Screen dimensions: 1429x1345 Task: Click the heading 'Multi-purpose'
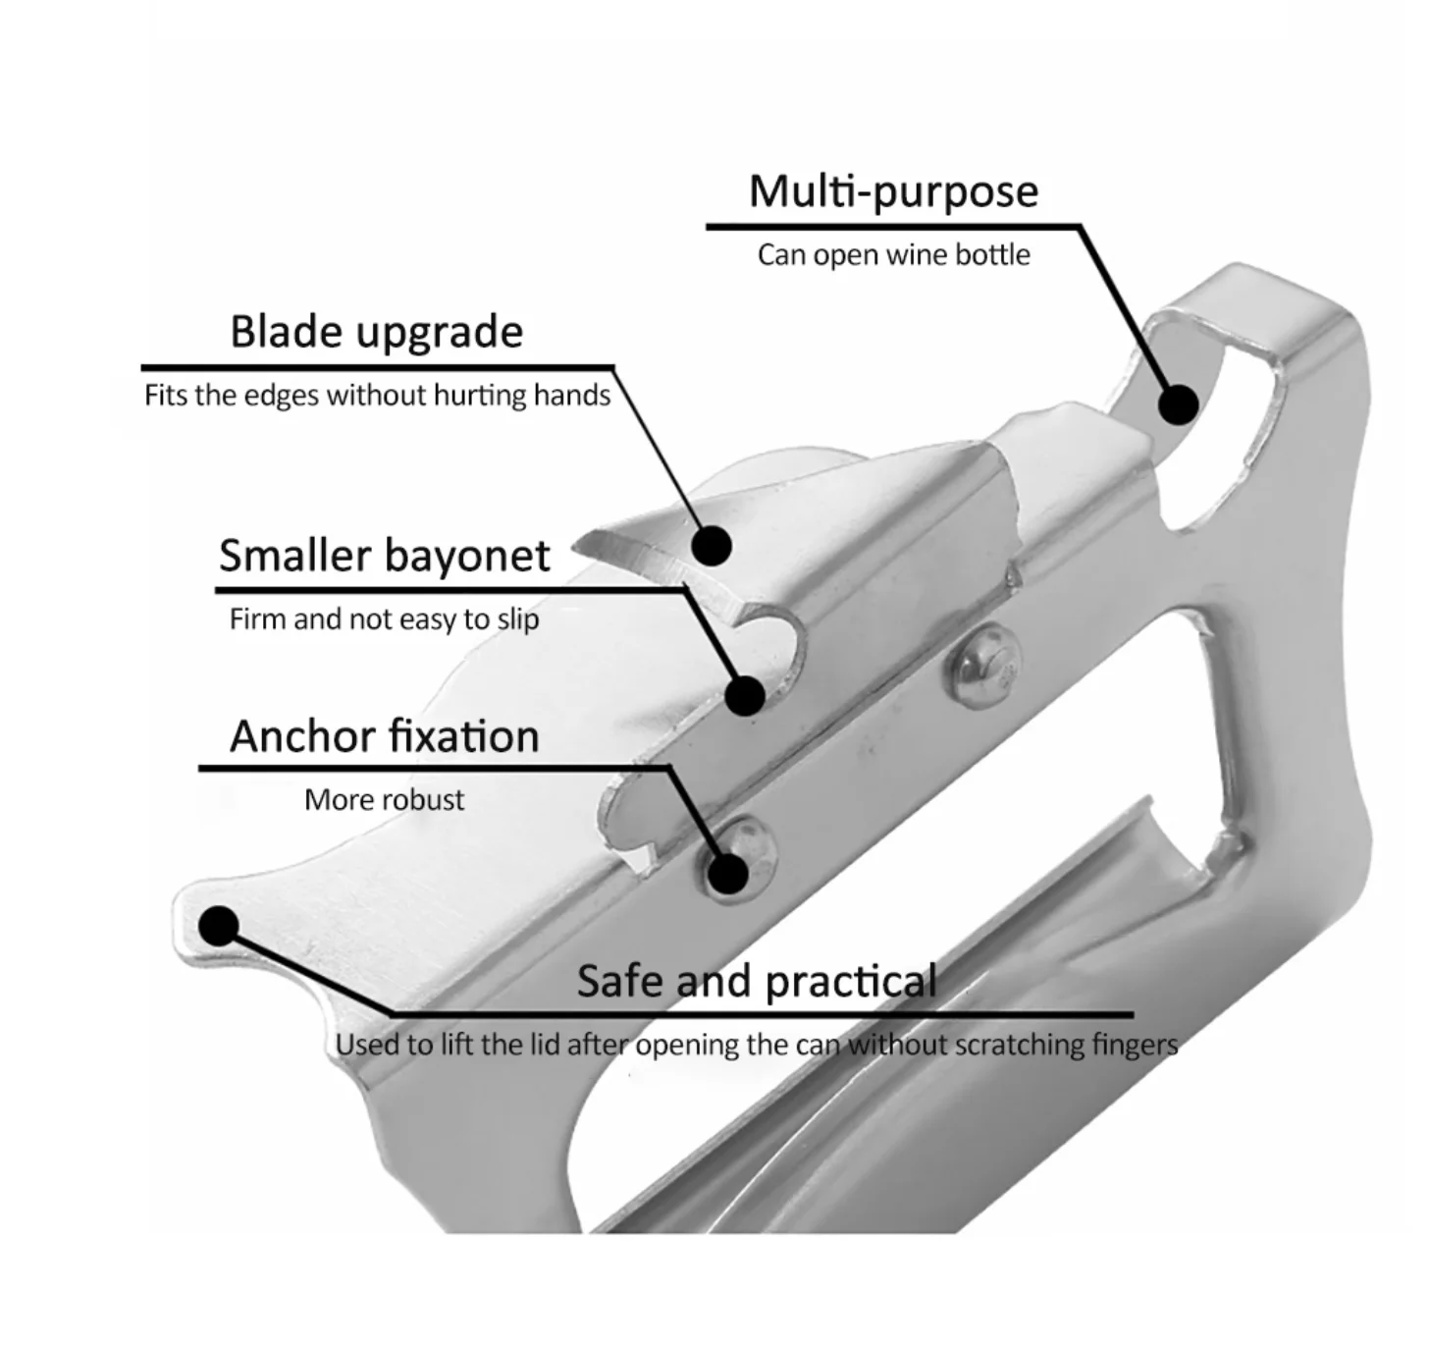(893, 191)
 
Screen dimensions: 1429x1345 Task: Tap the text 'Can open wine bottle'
(893, 255)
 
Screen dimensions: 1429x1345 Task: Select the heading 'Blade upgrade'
(376, 332)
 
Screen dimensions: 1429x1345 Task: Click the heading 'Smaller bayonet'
(384, 556)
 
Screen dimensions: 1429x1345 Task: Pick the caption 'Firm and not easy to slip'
(384, 619)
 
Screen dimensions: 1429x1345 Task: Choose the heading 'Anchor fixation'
(384, 736)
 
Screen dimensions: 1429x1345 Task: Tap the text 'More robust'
(384, 800)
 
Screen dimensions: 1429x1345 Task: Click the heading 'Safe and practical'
(757, 981)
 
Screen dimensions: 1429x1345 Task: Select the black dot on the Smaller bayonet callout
(745, 695)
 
